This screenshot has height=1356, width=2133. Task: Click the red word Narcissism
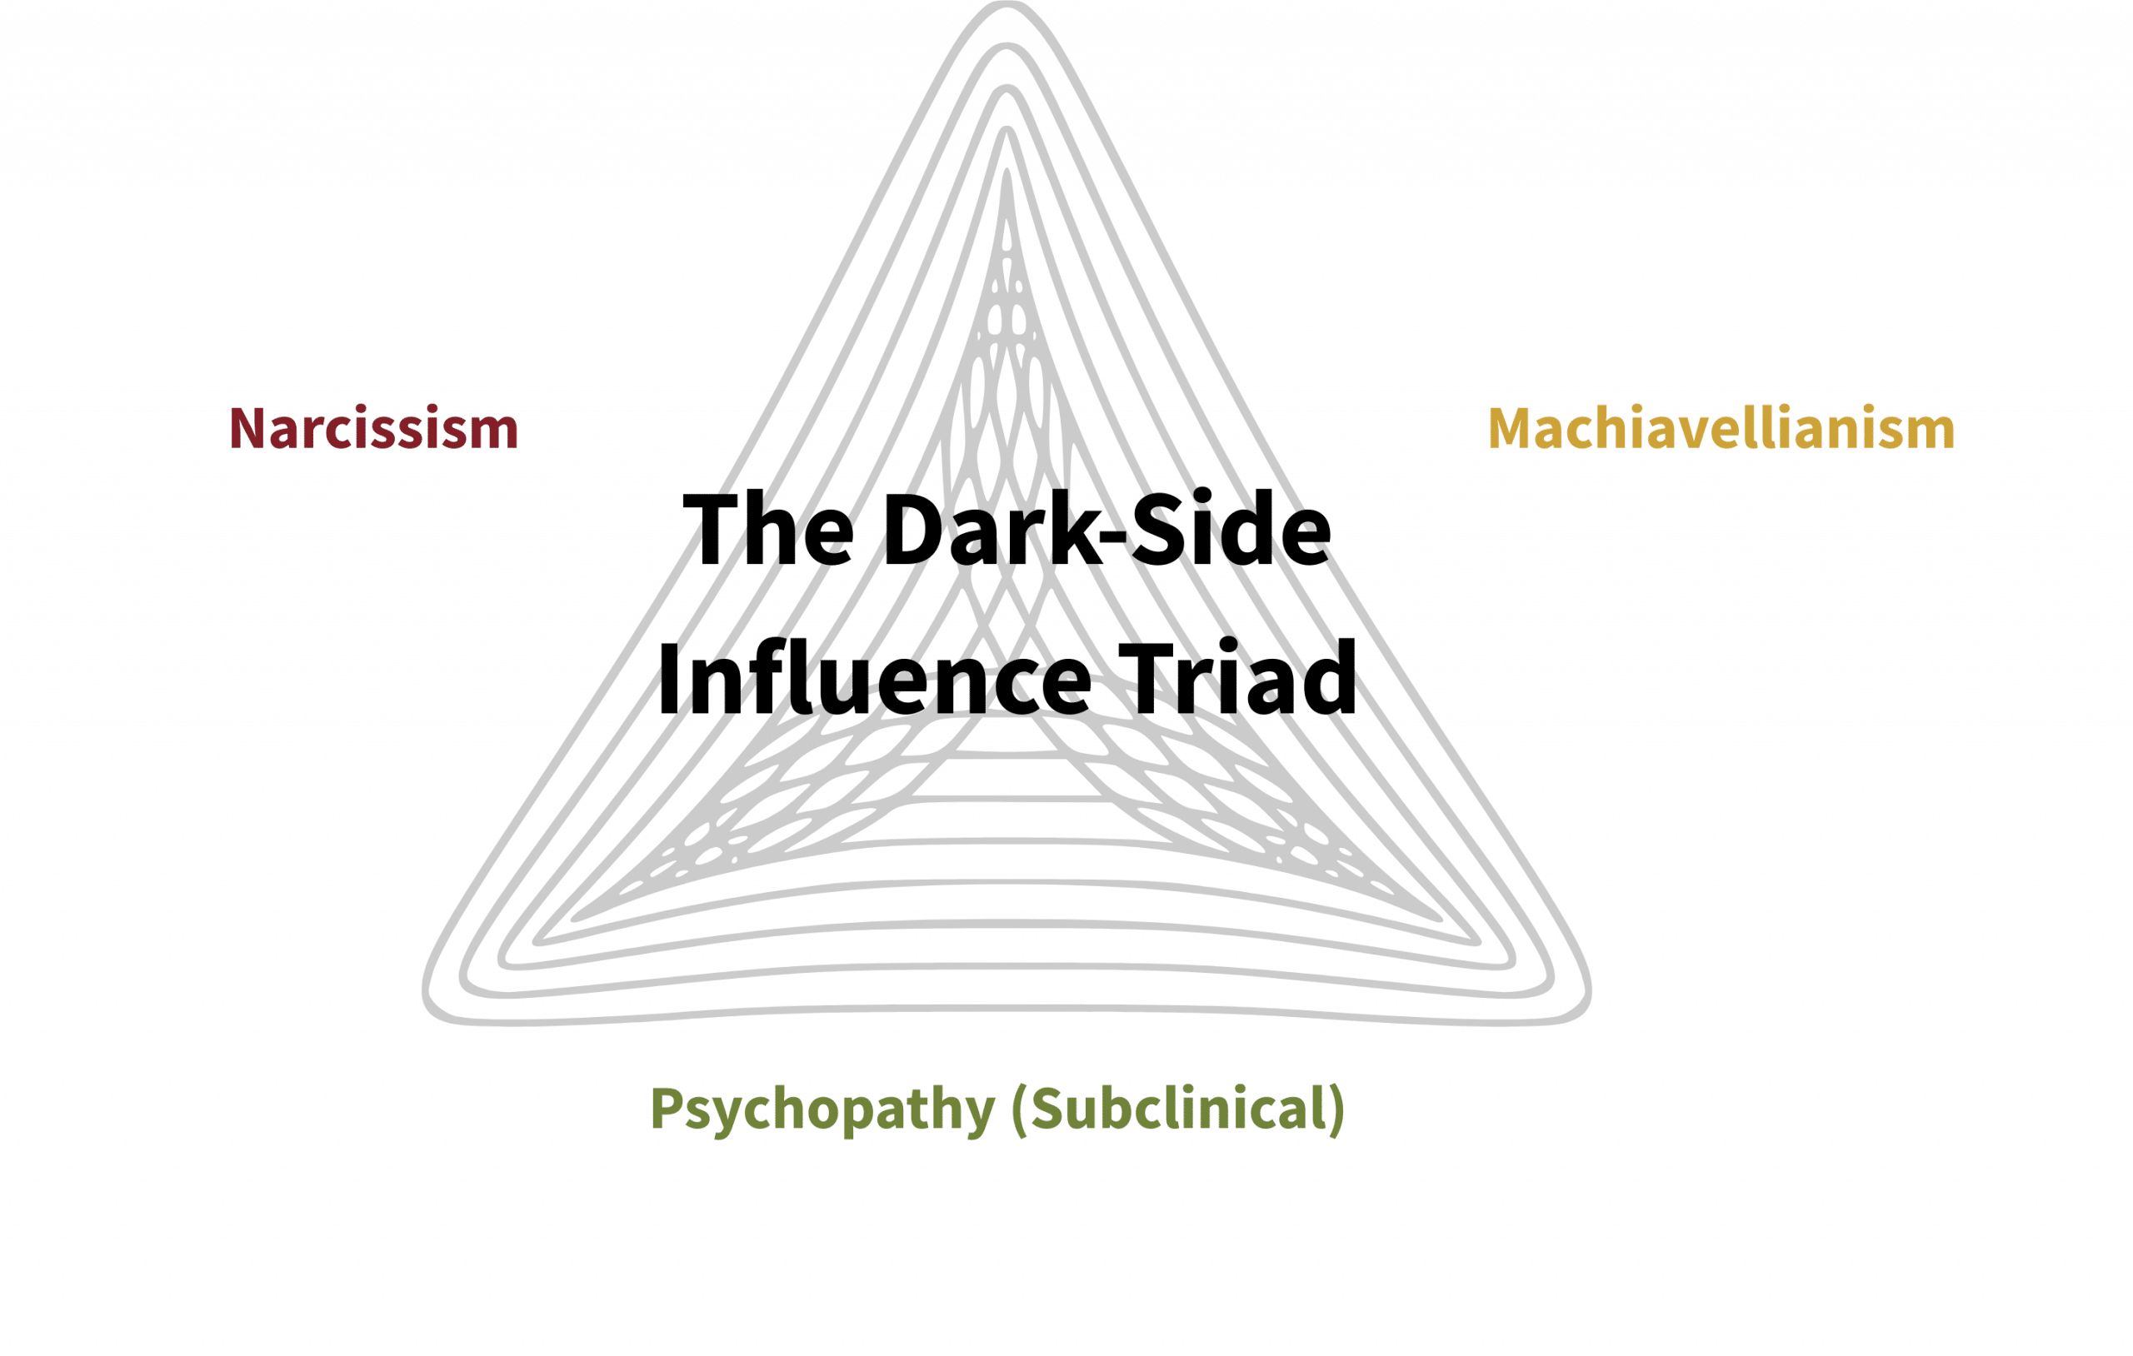(x=373, y=429)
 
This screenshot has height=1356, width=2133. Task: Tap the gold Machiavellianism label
(x=1721, y=429)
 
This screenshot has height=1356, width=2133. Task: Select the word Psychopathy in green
(x=822, y=1108)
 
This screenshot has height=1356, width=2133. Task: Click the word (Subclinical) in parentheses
(x=1177, y=1108)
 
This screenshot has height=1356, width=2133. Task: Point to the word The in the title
(x=768, y=531)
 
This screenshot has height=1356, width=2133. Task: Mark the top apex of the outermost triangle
(x=1007, y=4)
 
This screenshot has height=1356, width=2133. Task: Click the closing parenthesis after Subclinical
(x=1336, y=1109)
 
